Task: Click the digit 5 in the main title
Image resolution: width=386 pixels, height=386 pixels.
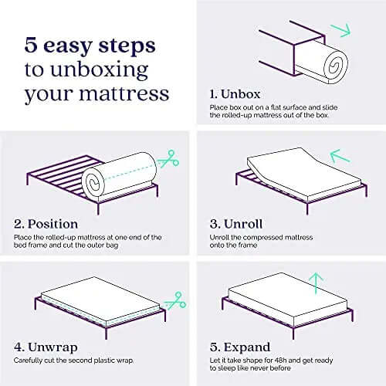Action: click(x=31, y=46)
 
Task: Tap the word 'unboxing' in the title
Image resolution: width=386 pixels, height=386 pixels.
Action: click(x=100, y=70)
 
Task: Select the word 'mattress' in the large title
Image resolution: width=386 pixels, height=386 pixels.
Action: click(x=124, y=93)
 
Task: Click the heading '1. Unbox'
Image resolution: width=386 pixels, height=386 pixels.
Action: click(x=235, y=94)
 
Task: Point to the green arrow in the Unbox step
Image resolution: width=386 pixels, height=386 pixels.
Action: click(x=341, y=30)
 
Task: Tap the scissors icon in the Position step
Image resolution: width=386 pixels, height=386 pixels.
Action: click(x=169, y=159)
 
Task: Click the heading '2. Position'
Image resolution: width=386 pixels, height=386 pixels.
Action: click(x=46, y=224)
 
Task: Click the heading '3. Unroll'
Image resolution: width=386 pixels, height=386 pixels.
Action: click(x=236, y=224)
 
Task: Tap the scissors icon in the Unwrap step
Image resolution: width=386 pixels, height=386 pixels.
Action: click(x=175, y=300)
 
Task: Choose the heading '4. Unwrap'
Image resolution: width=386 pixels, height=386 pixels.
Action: click(x=46, y=347)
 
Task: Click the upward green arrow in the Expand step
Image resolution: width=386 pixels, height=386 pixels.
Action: click(x=316, y=283)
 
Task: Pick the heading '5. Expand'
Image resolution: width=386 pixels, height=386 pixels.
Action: click(x=240, y=347)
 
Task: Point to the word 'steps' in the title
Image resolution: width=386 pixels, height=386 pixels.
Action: click(x=127, y=46)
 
